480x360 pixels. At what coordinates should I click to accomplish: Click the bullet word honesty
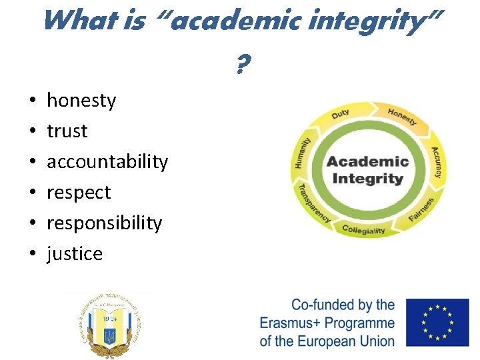[81, 101]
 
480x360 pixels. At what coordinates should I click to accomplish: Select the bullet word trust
[67, 131]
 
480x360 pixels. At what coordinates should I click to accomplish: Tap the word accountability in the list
[107, 162]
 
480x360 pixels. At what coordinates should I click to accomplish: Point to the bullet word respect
[79, 193]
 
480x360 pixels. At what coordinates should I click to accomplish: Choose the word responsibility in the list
[104, 223]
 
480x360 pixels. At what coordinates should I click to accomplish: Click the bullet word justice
[75, 254]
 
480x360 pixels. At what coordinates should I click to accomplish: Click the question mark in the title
[243, 65]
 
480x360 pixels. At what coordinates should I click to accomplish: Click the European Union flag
[437, 322]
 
